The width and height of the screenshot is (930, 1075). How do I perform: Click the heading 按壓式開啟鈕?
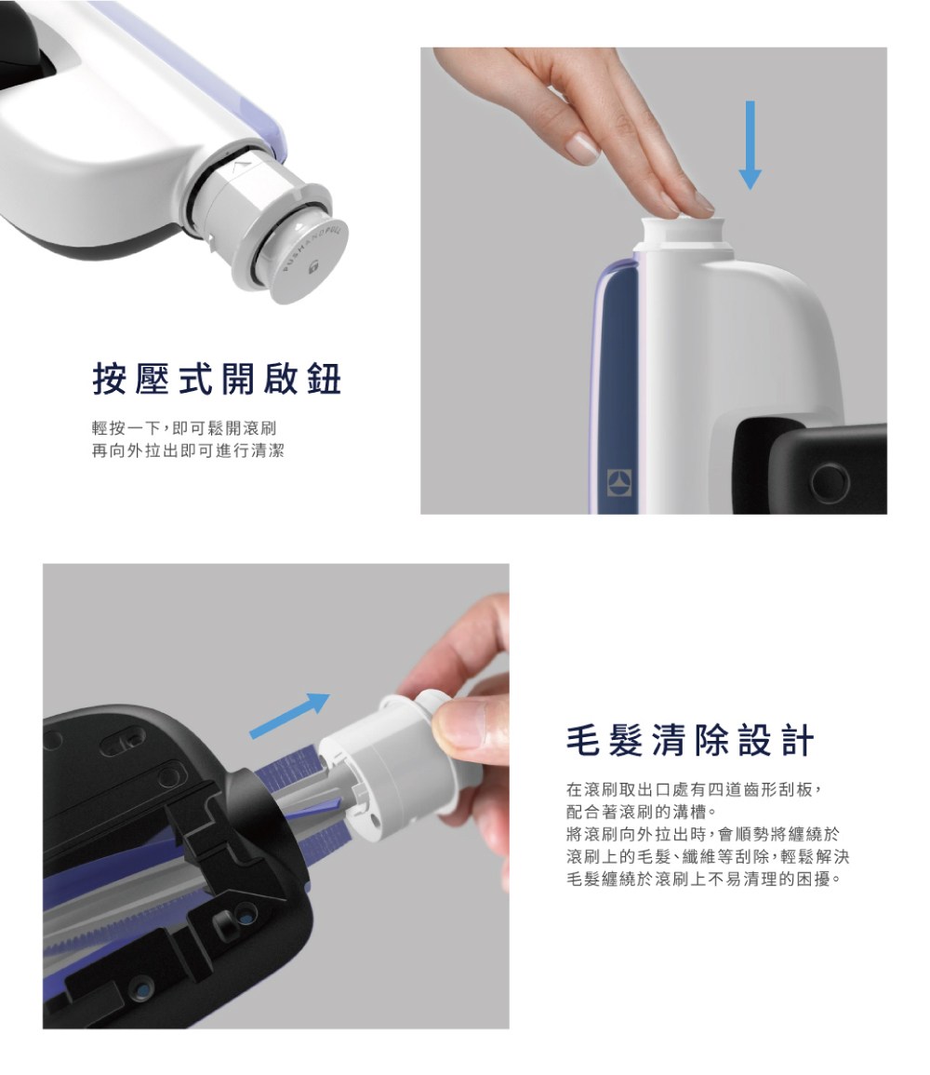[217, 379]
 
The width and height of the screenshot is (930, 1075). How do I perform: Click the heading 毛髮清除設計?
[689, 741]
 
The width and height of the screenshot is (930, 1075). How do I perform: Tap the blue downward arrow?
[750, 144]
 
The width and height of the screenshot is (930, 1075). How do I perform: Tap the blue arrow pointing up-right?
[291, 714]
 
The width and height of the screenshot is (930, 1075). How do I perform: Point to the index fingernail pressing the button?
[584, 146]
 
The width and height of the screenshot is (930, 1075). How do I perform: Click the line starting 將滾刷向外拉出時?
[701, 832]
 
